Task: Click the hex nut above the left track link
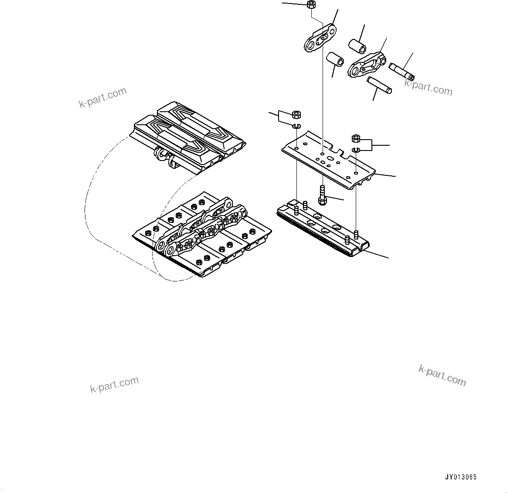pyautogui.click(x=311, y=5)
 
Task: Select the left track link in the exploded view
pyautogui.click(x=320, y=39)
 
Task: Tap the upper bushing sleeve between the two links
pyautogui.click(x=356, y=45)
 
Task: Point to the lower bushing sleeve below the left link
pyautogui.click(x=335, y=59)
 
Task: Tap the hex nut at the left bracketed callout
pyautogui.click(x=296, y=115)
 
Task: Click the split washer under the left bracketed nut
pyautogui.click(x=296, y=127)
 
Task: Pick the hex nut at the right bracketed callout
pyautogui.click(x=355, y=139)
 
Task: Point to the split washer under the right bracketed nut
pyautogui.click(x=355, y=151)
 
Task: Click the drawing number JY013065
pyautogui.click(x=461, y=477)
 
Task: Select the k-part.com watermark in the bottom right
pyautogui.click(x=442, y=376)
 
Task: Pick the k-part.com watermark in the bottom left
pyautogui.click(x=114, y=384)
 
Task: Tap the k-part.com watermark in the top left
pyautogui.click(x=102, y=97)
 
